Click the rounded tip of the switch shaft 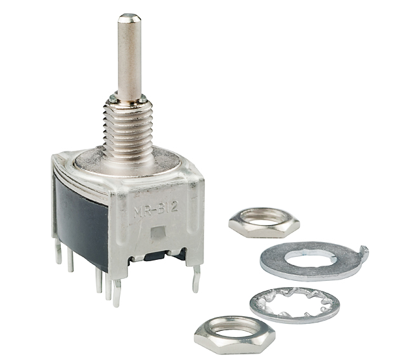(129, 18)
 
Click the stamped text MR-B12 (156, 209)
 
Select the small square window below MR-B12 (158, 233)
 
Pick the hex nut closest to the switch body (264, 222)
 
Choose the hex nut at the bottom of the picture (235, 334)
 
